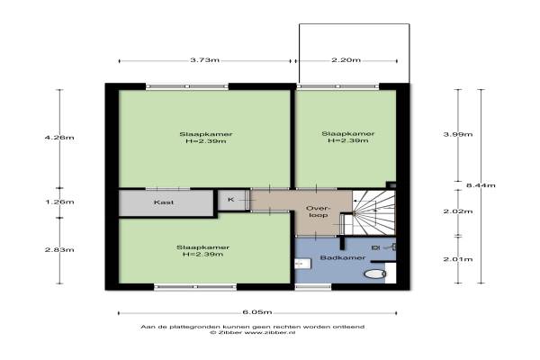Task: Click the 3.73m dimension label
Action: [x=204, y=60]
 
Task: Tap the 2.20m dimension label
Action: [x=346, y=60]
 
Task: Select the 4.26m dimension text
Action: [x=59, y=138]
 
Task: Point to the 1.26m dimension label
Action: [x=59, y=202]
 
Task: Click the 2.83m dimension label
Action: [x=59, y=250]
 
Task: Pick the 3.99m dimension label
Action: [x=458, y=134]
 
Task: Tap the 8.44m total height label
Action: [x=481, y=185]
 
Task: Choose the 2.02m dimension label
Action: [x=458, y=211]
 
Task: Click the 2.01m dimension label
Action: [x=458, y=259]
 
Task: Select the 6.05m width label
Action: [x=257, y=312]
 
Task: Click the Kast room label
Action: [x=164, y=202]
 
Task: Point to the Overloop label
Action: [x=319, y=211]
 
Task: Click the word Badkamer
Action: [x=343, y=257]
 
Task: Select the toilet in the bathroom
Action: [x=374, y=274]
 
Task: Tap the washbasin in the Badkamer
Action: [x=303, y=264]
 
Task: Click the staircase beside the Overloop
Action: [x=373, y=212]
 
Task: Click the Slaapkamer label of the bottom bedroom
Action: [x=202, y=247]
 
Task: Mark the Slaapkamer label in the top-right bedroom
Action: [x=347, y=134]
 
